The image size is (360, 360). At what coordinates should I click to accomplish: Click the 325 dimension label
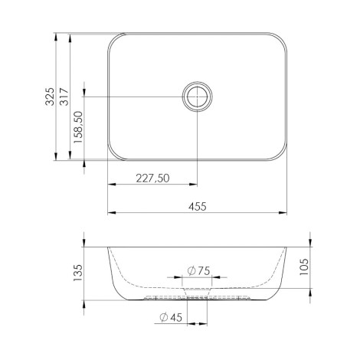coord(50,97)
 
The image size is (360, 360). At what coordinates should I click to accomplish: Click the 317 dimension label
coord(64,97)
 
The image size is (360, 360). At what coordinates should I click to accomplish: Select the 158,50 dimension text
coord(78,127)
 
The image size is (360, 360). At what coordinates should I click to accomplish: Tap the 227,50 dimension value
coord(152,178)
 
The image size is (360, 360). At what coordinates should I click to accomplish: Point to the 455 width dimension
coord(198,206)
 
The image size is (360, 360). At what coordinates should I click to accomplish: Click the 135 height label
coord(78,273)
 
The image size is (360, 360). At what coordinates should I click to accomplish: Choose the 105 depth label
coord(303,267)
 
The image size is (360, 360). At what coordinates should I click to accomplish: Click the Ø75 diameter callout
coord(198,270)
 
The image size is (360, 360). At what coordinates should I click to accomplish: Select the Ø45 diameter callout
coord(171,317)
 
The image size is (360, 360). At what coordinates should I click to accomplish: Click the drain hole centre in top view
coord(197,97)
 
